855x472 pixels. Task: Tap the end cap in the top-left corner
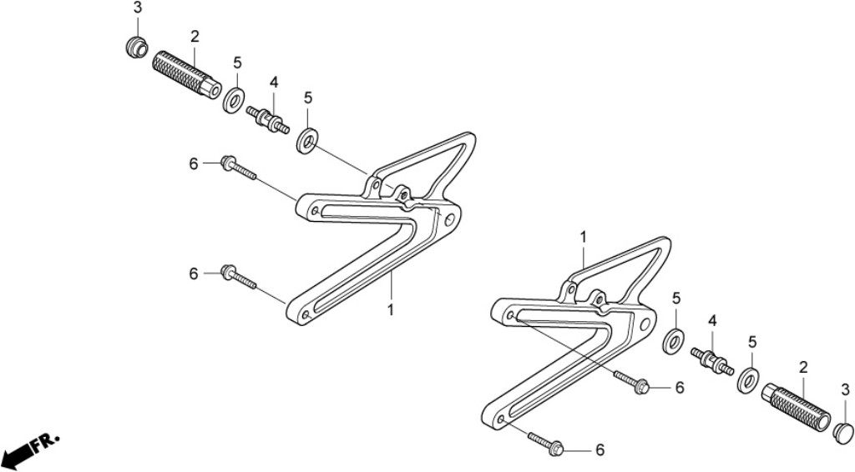click(x=136, y=46)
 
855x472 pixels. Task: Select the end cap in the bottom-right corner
click(x=843, y=432)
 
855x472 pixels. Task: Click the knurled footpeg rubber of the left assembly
click(x=186, y=75)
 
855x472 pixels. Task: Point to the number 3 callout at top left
click(x=138, y=8)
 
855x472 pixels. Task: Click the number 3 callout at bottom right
click(x=845, y=389)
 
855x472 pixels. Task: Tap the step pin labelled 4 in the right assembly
click(x=712, y=361)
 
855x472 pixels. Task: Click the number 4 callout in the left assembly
click(x=274, y=83)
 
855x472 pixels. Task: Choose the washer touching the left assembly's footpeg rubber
click(x=234, y=100)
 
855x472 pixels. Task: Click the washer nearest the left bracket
click(x=307, y=140)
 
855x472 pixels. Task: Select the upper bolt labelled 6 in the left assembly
click(x=238, y=168)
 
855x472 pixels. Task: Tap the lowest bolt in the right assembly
click(x=546, y=442)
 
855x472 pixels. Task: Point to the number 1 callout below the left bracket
click(x=391, y=309)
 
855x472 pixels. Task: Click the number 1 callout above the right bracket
click(x=584, y=238)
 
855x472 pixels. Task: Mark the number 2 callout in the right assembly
click(x=803, y=368)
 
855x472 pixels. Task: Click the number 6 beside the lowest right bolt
click(x=600, y=449)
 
